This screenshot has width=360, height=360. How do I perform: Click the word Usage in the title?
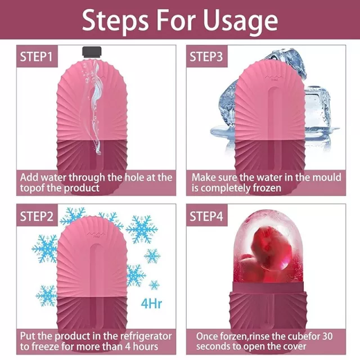[240, 20]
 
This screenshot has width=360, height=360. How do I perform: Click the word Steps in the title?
[115, 20]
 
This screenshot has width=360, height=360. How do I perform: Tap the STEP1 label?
[36, 56]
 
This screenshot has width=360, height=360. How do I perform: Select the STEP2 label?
[36, 216]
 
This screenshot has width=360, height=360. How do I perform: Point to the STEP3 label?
[206, 56]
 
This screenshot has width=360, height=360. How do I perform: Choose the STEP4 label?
[206, 216]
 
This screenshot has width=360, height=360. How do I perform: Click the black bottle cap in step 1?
[92, 52]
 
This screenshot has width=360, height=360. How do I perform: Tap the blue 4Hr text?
[151, 303]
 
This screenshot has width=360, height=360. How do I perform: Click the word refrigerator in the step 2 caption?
[146, 336]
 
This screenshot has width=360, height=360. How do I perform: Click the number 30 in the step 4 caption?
[326, 336]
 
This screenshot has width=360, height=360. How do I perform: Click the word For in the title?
[175, 20]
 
